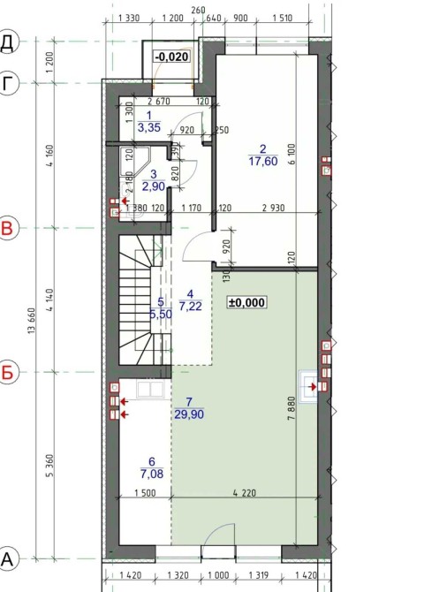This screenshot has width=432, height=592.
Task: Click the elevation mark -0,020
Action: [171, 57]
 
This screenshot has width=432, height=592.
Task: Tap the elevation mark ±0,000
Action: [246, 302]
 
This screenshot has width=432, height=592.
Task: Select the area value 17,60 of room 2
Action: [263, 161]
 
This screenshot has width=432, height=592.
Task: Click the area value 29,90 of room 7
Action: [189, 414]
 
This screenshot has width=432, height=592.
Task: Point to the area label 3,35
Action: [148, 127]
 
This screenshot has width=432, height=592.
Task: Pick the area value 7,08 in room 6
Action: [152, 474]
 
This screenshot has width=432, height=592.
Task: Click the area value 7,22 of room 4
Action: [190, 307]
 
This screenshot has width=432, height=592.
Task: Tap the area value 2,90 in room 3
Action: [154, 186]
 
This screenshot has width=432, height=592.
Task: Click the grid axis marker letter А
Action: [7, 558]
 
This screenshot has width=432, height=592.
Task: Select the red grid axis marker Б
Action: [7, 372]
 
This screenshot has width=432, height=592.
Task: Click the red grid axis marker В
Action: [7, 228]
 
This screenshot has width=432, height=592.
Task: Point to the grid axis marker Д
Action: [7, 42]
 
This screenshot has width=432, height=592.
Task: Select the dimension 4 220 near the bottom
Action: [245, 493]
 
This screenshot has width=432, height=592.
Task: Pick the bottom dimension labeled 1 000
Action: [218, 575]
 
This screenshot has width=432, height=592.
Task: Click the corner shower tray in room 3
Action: [135, 162]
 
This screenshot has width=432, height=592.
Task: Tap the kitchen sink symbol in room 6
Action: [150, 389]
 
